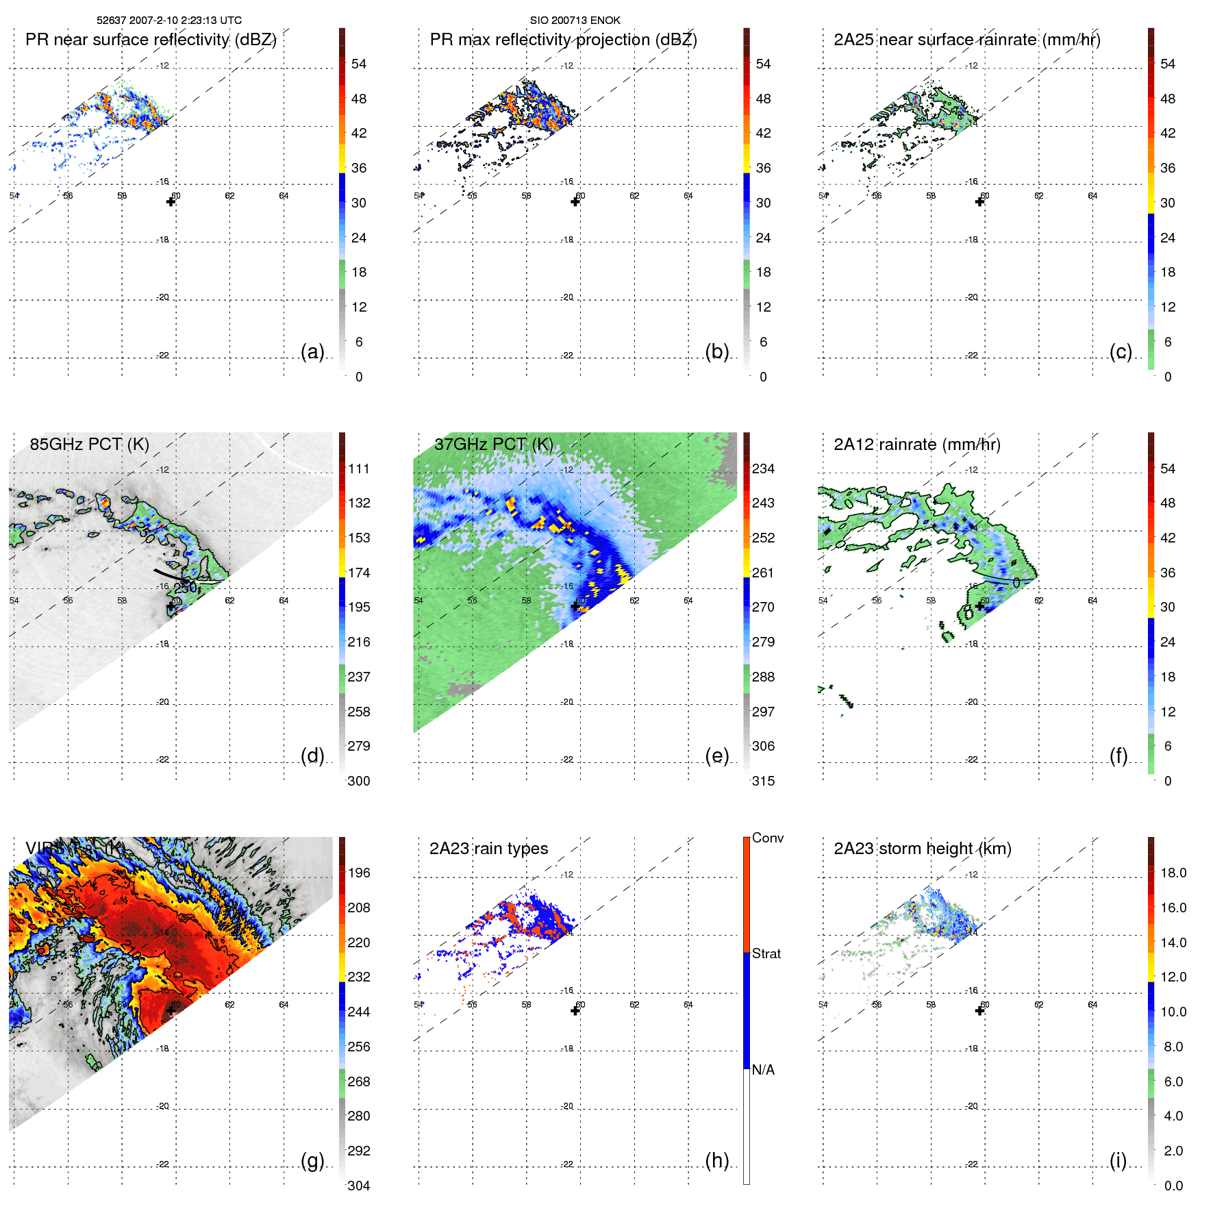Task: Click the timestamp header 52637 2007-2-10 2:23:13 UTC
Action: click(x=169, y=21)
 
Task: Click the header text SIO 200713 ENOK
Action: click(x=575, y=21)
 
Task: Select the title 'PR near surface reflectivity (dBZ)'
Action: click(x=151, y=40)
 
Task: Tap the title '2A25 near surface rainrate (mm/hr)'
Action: click(x=966, y=40)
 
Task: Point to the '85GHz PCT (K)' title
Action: click(x=89, y=444)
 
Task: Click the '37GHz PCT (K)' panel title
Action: click(x=493, y=444)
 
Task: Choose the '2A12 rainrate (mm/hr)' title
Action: click(x=916, y=444)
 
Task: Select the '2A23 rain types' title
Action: click(x=488, y=849)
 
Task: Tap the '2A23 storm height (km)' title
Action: click(x=922, y=849)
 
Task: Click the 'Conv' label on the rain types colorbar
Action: click(x=767, y=838)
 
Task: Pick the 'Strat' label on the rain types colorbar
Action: click(x=766, y=953)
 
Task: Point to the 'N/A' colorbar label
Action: click(x=763, y=1070)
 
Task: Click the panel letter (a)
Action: click(x=312, y=351)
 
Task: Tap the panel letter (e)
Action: click(x=716, y=755)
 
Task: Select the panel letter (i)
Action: click(x=1118, y=1160)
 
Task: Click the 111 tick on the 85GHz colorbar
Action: click(x=359, y=468)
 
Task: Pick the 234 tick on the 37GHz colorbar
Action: click(x=763, y=468)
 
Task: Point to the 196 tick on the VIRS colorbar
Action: click(x=359, y=873)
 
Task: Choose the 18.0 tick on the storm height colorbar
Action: click(x=1173, y=873)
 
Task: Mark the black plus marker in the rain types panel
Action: click(x=575, y=1010)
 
